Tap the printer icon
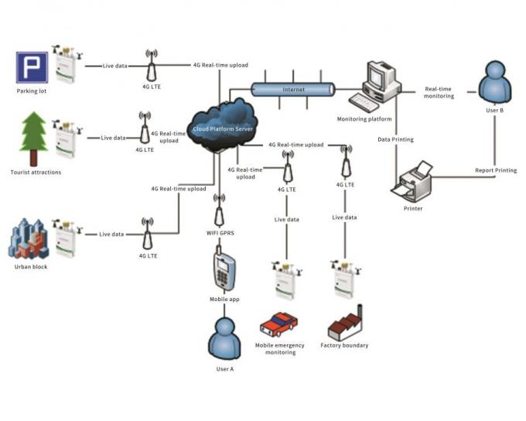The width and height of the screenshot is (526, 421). pos(413,182)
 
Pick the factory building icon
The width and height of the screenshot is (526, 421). pos(345,323)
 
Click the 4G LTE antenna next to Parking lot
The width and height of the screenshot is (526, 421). pos(151,67)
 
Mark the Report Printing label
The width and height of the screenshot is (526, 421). pos(496,170)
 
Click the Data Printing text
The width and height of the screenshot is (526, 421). pos(395,140)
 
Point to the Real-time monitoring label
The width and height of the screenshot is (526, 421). pos(439,92)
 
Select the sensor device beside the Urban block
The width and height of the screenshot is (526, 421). pos(66,238)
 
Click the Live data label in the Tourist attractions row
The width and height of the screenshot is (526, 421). pos(113,138)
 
